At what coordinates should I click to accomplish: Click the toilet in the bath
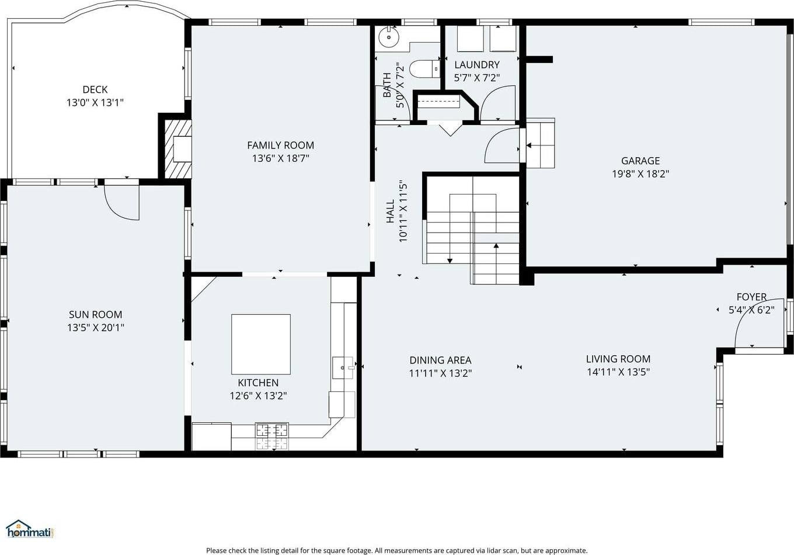[x=424, y=69]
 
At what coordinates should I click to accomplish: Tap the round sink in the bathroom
[x=389, y=37]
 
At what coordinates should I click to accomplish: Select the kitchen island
[x=261, y=344]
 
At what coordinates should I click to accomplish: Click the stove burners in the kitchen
[x=271, y=436]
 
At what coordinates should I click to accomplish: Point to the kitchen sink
[x=343, y=367]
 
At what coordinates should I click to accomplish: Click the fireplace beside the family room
[x=178, y=149]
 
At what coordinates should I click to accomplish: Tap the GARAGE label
[x=640, y=161]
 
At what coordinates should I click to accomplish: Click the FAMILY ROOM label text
[x=280, y=145]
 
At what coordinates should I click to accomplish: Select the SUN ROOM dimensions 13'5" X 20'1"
[x=96, y=327]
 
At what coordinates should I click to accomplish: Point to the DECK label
[x=95, y=89]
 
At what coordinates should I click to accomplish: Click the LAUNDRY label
[x=477, y=64]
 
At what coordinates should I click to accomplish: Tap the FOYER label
[x=751, y=296]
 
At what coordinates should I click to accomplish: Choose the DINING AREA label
[x=440, y=360]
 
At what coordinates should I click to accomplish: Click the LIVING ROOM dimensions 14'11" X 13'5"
[x=618, y=372]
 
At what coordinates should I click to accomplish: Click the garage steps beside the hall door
[x=541, y=145]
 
